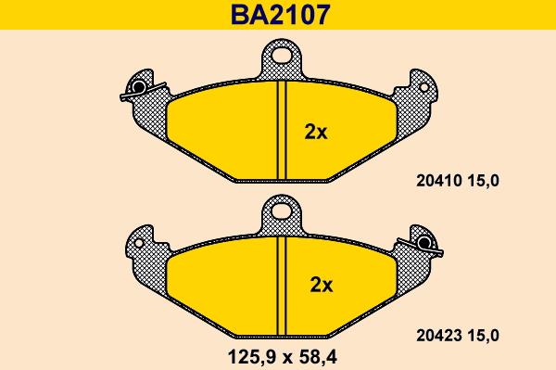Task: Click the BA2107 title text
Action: (x=280, y=15)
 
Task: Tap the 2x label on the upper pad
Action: (x=316, y=133)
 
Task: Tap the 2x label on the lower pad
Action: (x=322, y=285)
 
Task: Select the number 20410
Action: (x=439, y=181)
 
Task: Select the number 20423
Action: (x=439, y=336)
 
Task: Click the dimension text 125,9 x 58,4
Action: (x=283, y=357)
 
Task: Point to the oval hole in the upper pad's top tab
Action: (x=282, y=56)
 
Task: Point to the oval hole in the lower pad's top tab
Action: (x=282, y=211)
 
